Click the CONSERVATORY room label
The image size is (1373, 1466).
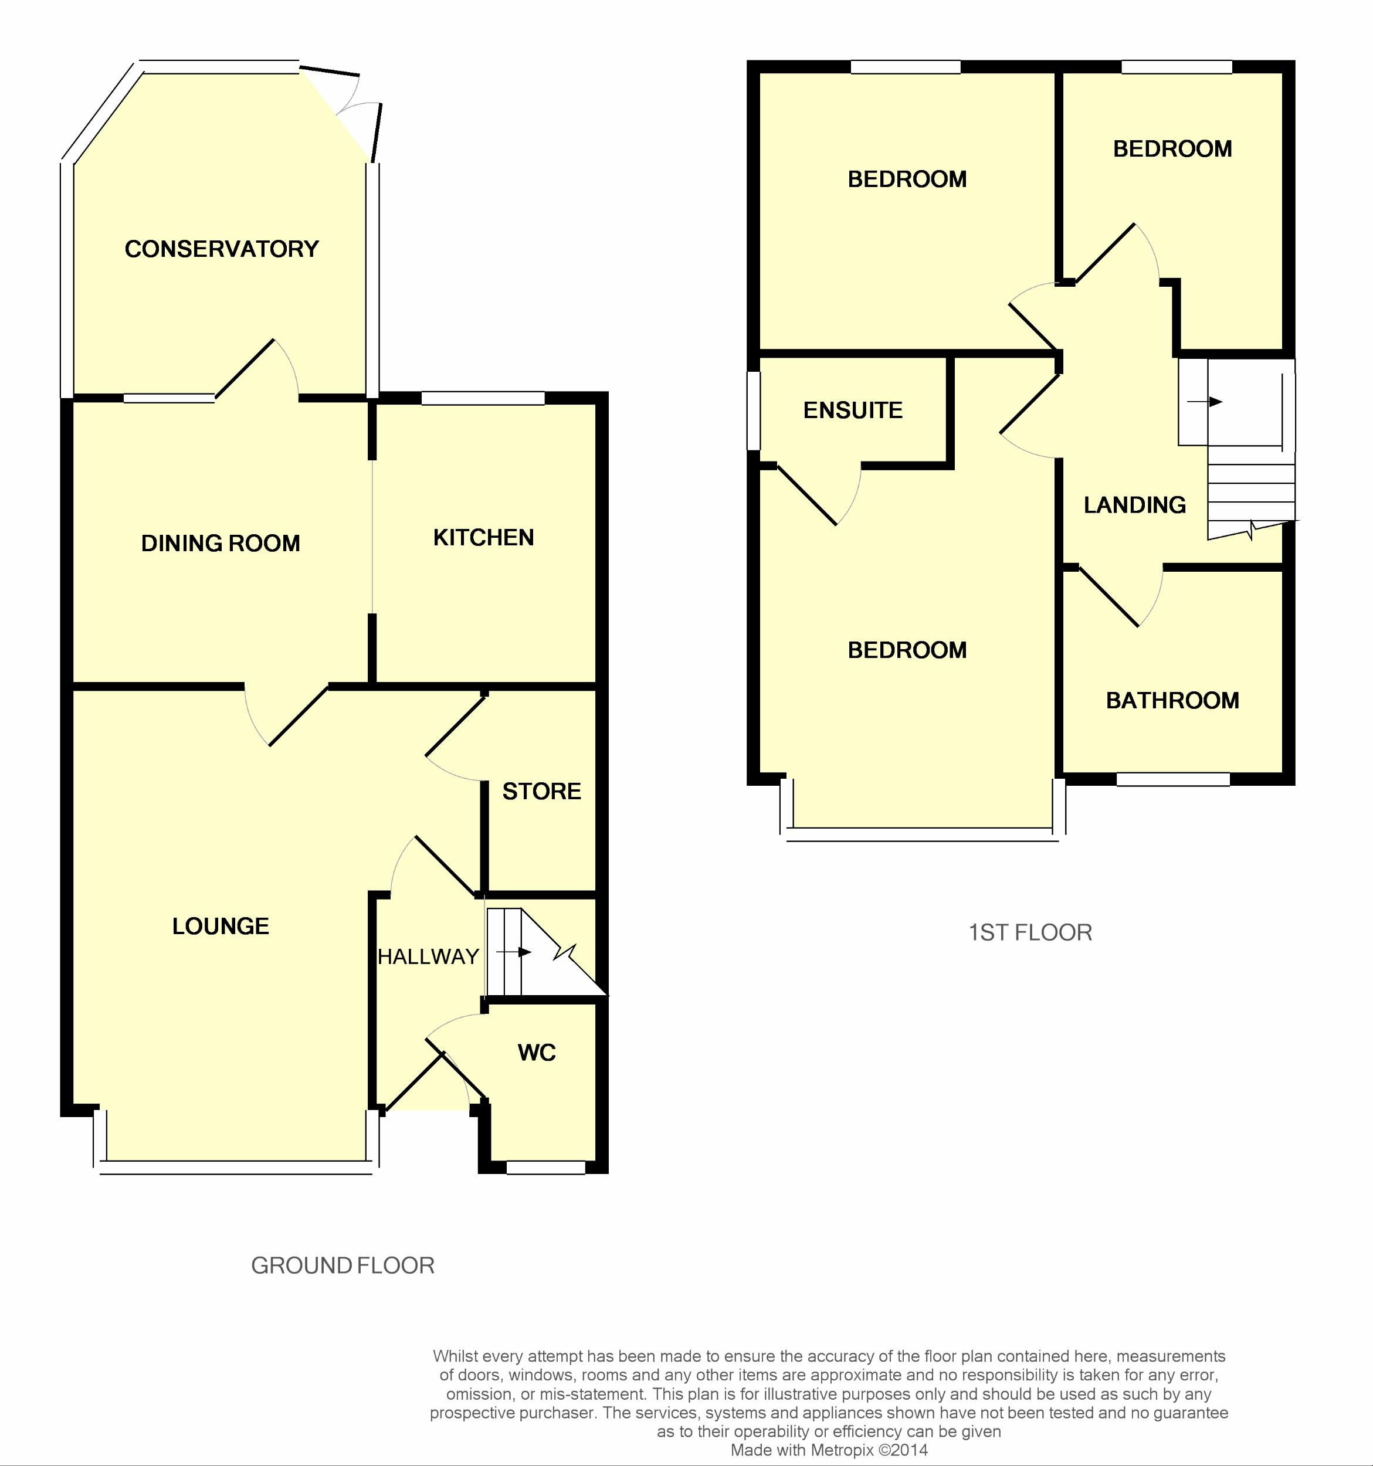pos(221,249)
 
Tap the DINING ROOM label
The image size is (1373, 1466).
pos(221,544)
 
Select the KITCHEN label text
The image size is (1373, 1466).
pos(483,538)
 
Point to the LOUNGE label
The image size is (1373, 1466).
pos(221,926)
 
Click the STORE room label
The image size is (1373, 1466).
pos(541,791)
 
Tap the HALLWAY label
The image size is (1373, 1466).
pos(428,956)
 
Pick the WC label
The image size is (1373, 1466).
pos(537,1053)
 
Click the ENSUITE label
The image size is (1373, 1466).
pos(852,410)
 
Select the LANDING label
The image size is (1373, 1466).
pos(1135,505)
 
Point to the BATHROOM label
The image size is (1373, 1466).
pos(1172,701)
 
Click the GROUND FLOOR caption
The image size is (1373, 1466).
pos(343,1265)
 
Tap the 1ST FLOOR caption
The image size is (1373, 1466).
pos(1030,933)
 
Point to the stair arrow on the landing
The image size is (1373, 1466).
pos(1205,402)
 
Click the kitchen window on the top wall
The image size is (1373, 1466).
pos(483,398)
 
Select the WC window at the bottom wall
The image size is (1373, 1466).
pos(545,1168)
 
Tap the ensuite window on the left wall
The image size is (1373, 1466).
pos(754,410)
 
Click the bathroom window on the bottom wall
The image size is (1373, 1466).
pos(1173,779)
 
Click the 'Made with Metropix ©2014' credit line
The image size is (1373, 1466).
pos(829,1450)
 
